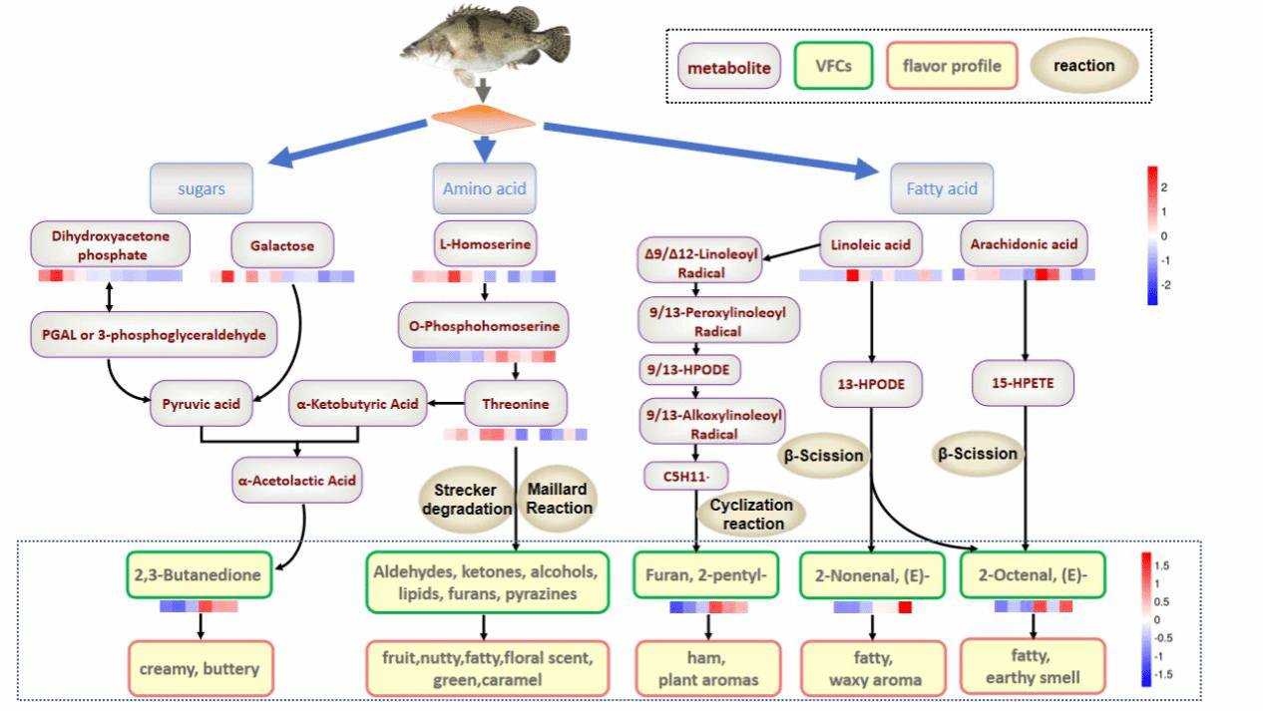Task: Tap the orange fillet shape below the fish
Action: pos(483,121)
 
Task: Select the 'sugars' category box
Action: pos(202,187)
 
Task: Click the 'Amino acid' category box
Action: pos(484,187)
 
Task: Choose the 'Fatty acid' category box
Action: pos(941,187)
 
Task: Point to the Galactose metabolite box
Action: pos(282,245)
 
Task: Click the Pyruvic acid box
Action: pos(202,405)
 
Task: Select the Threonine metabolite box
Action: pos(516,405)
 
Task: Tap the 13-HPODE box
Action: pos(872,382)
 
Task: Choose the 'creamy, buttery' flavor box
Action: pos(201,668)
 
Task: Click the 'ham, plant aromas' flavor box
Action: pos(708,668)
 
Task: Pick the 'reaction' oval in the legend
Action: pos(1083,66)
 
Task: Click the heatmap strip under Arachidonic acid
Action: pos(1024,274)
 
